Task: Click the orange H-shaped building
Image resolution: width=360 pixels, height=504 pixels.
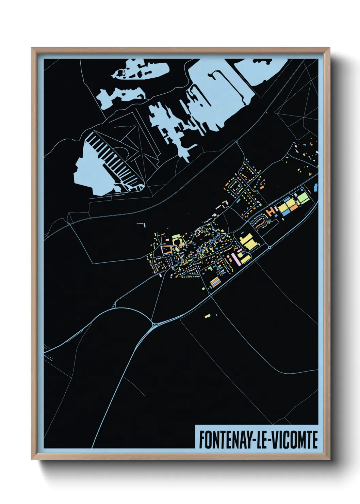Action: [271, 211]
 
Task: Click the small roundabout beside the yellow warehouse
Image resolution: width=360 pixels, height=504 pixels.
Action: [269, 247]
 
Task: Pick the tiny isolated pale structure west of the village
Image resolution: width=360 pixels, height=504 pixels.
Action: [142, 224]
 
